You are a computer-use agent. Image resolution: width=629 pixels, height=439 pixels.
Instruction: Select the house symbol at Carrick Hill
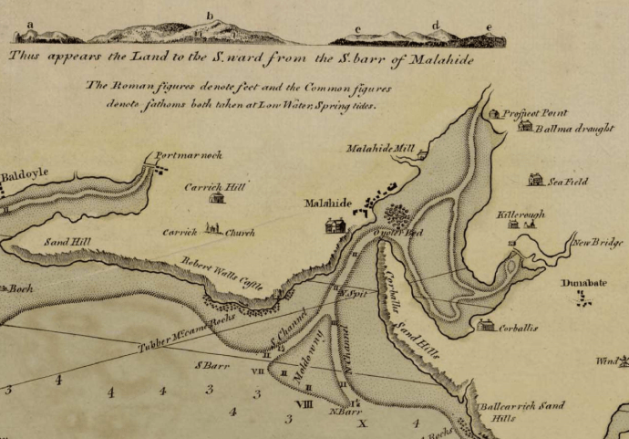tap(217, 197)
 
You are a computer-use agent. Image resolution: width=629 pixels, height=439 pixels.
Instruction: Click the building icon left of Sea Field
tap(535, 180)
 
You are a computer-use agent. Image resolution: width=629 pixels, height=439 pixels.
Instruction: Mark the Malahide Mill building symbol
tap(421, 156)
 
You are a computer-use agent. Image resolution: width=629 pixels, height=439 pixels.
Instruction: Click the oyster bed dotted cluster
tap(397, 215)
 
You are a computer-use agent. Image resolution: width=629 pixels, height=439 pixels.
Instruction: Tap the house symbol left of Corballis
tap(487, 325)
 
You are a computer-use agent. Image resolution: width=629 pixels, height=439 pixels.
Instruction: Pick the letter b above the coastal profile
tap(210, 16)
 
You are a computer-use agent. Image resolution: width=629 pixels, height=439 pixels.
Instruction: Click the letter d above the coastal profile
tap(435, 25)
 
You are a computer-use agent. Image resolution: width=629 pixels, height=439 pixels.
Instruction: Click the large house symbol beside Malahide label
tap(335, 225)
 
